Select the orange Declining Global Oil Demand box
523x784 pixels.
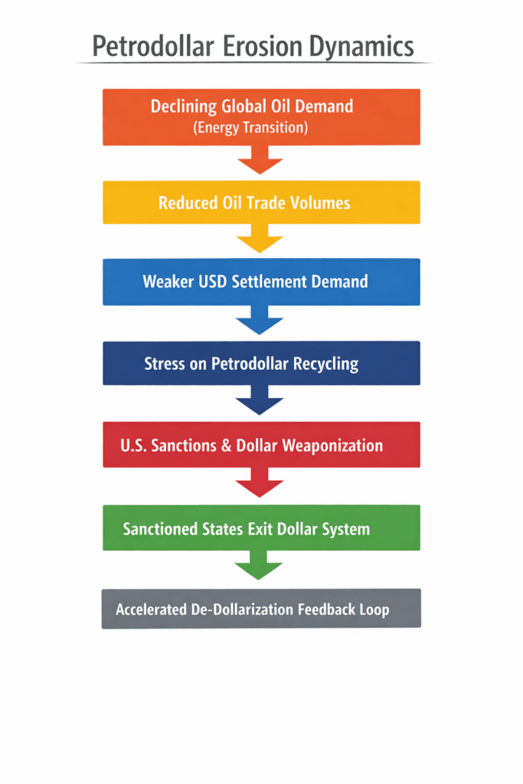pyautogui.click(x=261, y=116)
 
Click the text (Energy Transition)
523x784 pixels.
pyautogui.click(x=251, y=128)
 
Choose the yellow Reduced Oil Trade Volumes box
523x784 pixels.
pyautogui.click(x=261, y=203)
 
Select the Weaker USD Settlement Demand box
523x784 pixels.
pyautogui.click(x=261, y=282)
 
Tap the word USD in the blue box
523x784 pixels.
pyautogui.click(x=213, y=281)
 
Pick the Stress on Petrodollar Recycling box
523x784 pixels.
pyautogui.click(x=261, y=364)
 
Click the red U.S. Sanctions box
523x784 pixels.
pyautogui.click(x=261, y=445)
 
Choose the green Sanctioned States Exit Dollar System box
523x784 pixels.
pyautogui.click(x=261, y=528)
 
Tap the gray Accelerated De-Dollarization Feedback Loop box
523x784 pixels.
pyautogui.click(x=261, y=609)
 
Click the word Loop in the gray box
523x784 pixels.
pyautogui.click(x=372, y=609)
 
